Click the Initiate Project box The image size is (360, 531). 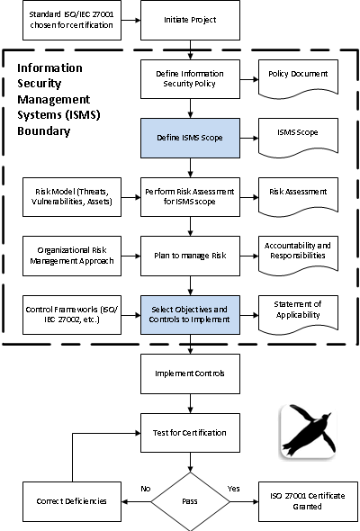[190, 20]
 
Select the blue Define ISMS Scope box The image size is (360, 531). [190, 138]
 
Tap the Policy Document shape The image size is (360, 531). [298, 77]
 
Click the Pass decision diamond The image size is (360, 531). [190, 501]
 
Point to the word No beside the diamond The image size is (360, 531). [146, 489]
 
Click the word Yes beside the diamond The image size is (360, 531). [234, 489]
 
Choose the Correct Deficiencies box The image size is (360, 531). [72, 501]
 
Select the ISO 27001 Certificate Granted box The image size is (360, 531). [308, 501]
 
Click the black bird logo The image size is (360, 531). [308, 431]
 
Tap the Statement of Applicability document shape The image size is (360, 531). [298, 313]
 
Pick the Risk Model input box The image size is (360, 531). [72, 197]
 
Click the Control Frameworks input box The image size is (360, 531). [72, 315]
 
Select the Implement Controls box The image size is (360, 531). [190, 373]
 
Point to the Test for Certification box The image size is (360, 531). [190, 433]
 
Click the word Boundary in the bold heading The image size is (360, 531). [44, 131]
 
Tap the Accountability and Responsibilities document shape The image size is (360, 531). [298, 254]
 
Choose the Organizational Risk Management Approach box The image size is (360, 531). [72, 256]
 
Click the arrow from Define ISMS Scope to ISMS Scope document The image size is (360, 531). [249, 139]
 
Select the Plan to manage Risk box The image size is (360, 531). [190, 256]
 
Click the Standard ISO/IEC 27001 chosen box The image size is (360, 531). [72, 20]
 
